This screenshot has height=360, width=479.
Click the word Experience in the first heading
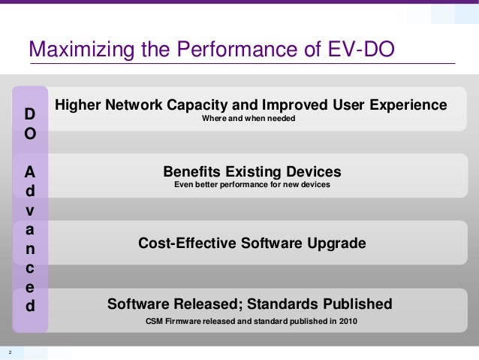tap(405, 104)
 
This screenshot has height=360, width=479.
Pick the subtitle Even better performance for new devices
tap(252, 184)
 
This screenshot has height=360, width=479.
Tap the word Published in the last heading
tap(357, 304)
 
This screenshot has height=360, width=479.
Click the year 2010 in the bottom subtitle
tap(348, 322)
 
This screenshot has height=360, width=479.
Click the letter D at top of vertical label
tap(30, 114)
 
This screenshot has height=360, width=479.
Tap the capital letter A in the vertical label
tap(30, 171)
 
